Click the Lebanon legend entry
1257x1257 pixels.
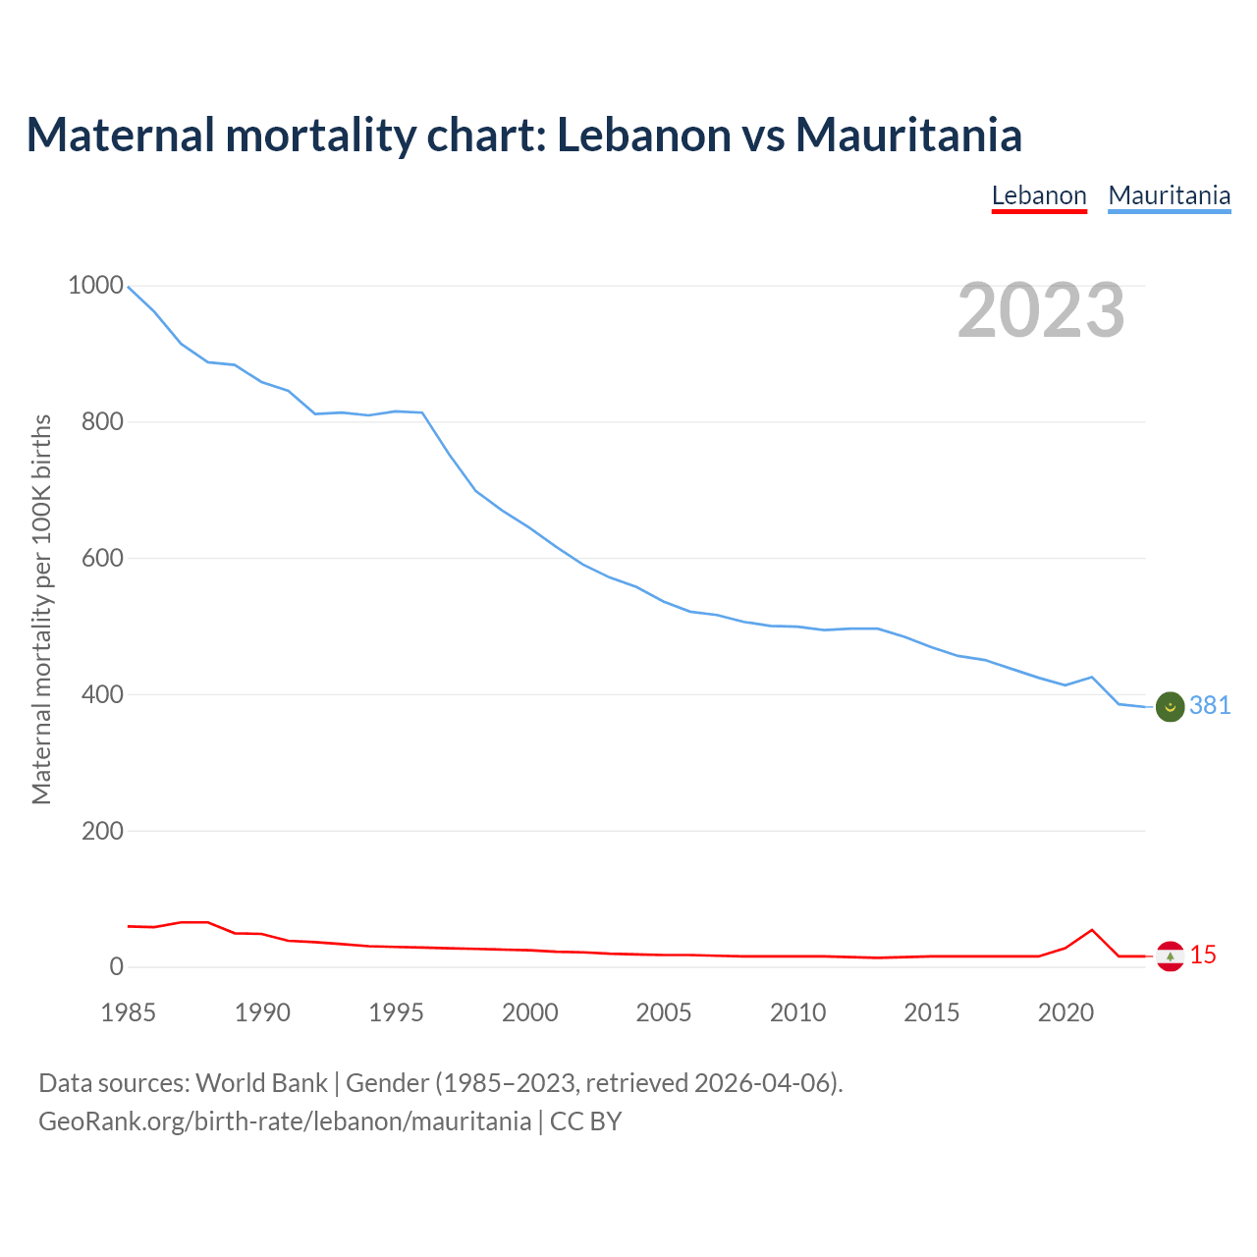tap(1039, 195)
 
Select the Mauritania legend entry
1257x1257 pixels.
tap(1169, 195)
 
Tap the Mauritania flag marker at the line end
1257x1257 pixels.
tap(1170, 706)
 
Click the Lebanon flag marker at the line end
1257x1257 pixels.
tap(1170, 956)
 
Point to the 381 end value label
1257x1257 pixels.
tap(1210, 706)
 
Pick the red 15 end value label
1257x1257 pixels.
tap(1203, 955)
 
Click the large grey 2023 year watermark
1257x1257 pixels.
tap(1041, 310)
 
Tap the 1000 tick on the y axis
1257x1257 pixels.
tap(95, 286)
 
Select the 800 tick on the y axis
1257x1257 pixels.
tap(102, 422)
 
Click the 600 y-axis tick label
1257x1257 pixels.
tap(102, 559)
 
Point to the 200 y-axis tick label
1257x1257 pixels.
tap(102, 831)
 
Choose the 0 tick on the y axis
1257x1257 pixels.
tap(117, 967)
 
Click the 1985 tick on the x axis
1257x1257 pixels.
tap(129, 1012)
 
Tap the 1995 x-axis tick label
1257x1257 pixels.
tap(396, 1012)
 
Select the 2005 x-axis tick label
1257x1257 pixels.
tap(664, 1012)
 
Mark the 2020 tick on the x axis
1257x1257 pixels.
tap(1066, 1012)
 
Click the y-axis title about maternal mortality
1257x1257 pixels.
tap(41, 609)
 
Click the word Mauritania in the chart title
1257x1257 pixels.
tap(908, 135)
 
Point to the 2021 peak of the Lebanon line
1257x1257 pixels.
tap(1092, 930)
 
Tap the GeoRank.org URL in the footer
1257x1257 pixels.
tap(285, 1121)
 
